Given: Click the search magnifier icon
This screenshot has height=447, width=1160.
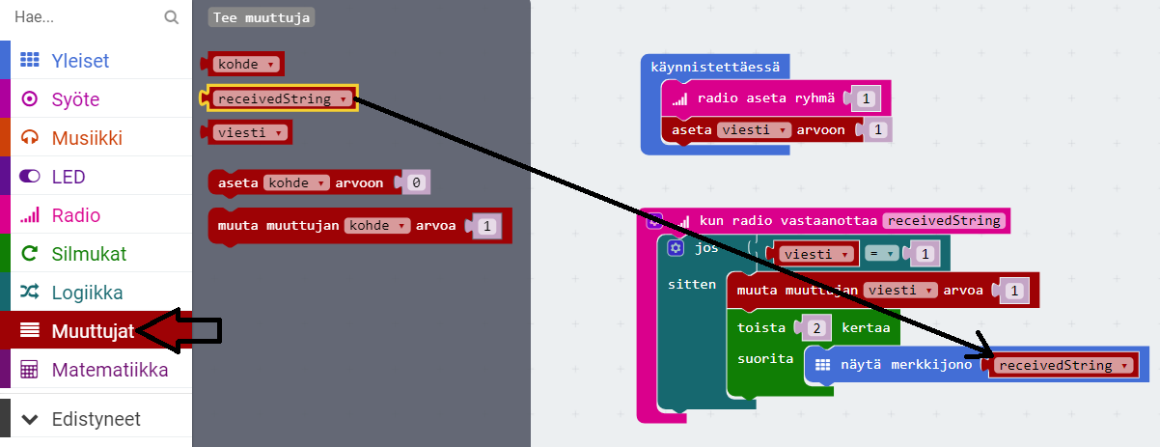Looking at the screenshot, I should pyautogui.click(x=172, y=17).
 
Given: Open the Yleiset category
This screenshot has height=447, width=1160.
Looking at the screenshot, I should pyautogui.click(x=80, y=61).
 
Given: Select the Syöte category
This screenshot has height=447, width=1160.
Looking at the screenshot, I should pyautogui.click(x=75, y=99).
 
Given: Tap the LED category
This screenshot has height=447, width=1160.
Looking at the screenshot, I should pyautogui.click(x=69, y=177).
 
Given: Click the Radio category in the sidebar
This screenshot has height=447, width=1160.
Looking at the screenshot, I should pyautogui.click(x=75, y=215).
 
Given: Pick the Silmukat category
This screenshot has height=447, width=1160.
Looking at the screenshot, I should pyautogui.click(x=89, y=254).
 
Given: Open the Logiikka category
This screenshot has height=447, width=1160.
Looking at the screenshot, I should pyautogui.click(x=87, y=293).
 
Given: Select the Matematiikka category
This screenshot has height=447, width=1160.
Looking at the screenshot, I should pyautogui.click(x=109, y=370).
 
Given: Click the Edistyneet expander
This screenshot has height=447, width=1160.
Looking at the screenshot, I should pyautogui.click(x=95, y=419).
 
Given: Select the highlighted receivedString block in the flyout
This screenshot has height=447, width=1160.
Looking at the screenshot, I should pyautogui.click(x=281, y=98).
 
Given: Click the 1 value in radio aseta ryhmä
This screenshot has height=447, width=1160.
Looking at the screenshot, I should pyautogui.click(x=867, y=98).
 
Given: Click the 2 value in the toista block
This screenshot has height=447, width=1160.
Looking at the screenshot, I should pyautogui.click(x=816, y=327).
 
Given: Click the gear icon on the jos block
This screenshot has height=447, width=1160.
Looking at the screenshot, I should pyautogui.click(x=676, y=248).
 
